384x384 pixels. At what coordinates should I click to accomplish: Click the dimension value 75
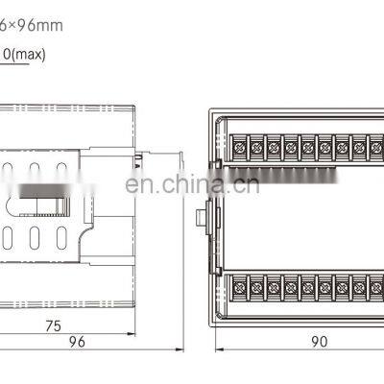coord(54,326)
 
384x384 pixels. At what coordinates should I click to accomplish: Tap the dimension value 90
coord(318,341)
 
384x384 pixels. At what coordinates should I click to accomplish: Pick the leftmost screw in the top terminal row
coord(239,148)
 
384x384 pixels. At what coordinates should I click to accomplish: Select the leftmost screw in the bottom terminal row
coord(239,285)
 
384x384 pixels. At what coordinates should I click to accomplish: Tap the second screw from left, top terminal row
coord(256,148)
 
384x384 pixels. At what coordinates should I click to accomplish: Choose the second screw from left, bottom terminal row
coord(256,285)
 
